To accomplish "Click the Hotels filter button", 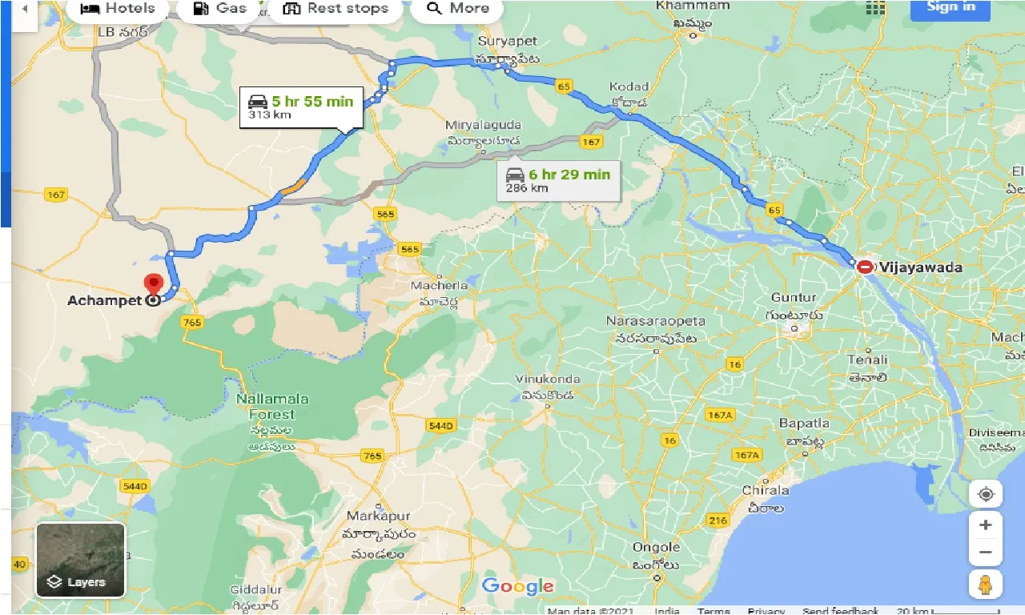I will pos(117,9).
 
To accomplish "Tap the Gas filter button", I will pos(219,9).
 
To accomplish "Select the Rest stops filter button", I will pos(336,9).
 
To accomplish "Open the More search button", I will pos(457,9).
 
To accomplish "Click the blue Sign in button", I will pos(951,8).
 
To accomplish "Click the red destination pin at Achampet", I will pos(152,285).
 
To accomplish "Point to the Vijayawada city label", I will pos(919,267).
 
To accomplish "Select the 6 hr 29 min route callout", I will pos(558,180).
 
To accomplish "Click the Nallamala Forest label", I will pos(271,407).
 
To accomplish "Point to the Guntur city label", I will pos(793,297).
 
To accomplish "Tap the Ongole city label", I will pos(656,548).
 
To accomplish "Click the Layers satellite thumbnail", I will pos(80,560).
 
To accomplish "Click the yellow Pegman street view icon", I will pos(985,584).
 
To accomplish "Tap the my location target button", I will pos(985,494).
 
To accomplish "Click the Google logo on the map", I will pos(517,586).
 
